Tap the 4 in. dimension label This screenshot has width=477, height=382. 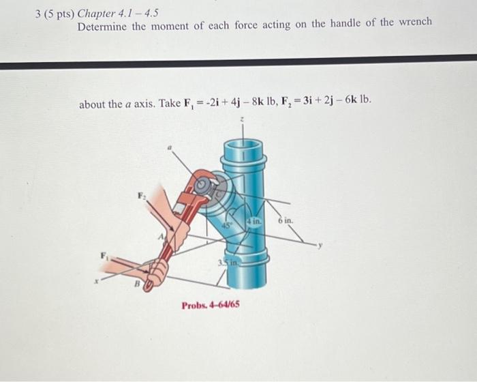[254, 220]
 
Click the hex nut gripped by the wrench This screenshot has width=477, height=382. [202, 185]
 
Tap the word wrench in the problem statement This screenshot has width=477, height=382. [414, 23]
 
